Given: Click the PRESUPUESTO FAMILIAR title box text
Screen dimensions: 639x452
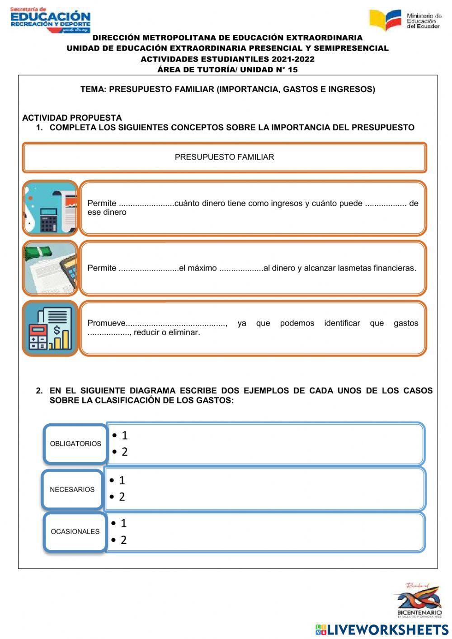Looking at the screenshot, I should [x=224, y=157].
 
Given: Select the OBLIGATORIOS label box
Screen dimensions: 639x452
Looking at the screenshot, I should [x=75, y=444].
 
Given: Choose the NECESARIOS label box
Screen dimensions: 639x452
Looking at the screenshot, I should [x=72, y=489].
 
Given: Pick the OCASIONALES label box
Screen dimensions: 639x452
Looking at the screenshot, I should [x=75, y=531].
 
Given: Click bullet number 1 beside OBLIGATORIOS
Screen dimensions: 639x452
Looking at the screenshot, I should [x=124, y=435].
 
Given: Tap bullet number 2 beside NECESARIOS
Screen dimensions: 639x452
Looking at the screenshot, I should [x=122, y=497].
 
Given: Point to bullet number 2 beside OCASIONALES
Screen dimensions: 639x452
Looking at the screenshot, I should [x=123, y=540].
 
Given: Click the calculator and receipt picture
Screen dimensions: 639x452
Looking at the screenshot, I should [x=50, y=208].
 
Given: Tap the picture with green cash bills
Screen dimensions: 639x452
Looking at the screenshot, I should [x=50, y=268].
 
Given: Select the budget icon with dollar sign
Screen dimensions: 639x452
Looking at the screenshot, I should [x=50, y=328].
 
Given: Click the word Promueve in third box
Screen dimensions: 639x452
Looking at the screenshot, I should [x=106, y=323].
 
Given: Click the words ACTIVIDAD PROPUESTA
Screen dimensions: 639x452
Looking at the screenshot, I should [x=72, y=118].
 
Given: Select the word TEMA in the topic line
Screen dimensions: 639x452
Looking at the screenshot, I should [x=93, y=90].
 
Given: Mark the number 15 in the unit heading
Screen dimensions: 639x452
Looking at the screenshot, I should [x=292, y=70].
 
